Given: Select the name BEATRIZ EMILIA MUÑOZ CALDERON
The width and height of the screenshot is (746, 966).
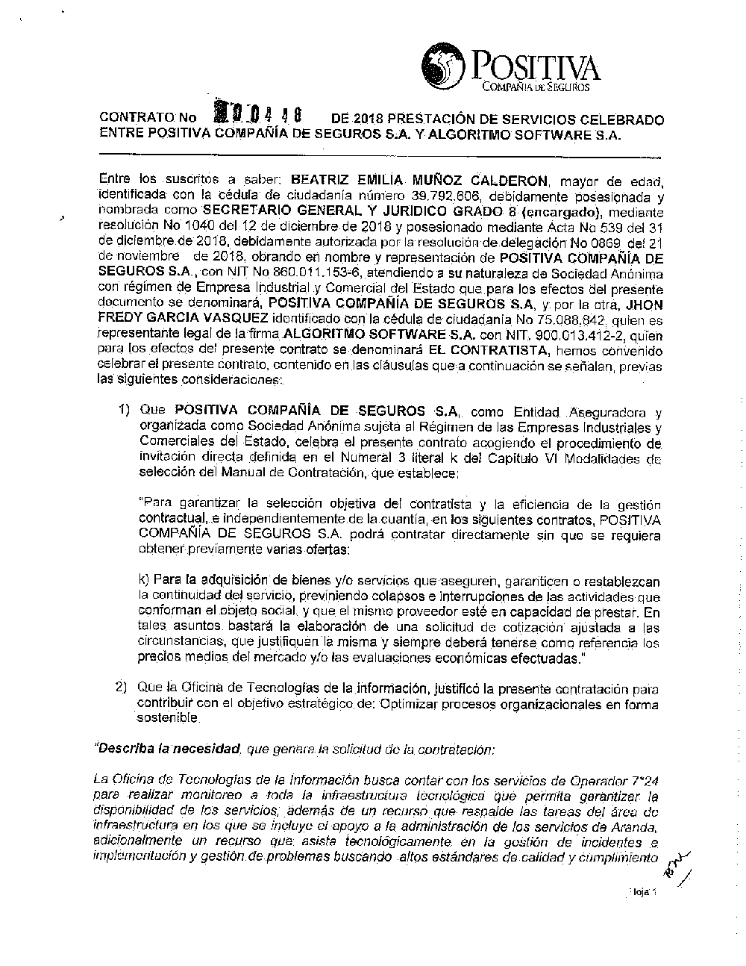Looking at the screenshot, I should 419,181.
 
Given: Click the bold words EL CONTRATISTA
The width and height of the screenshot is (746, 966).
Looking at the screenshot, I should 491,350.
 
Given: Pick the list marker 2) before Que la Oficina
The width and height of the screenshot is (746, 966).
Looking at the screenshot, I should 121,687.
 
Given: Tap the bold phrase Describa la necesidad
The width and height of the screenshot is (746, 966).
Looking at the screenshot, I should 167,747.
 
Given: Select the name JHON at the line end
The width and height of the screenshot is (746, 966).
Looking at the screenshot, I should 642,305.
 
